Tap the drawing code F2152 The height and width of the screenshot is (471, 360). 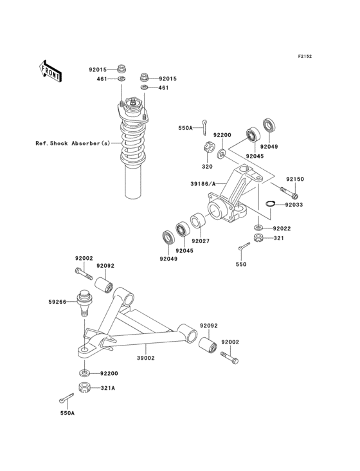tap(304, 57)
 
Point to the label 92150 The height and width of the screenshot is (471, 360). tap(294, 178)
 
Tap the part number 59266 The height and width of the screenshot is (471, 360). tap(57, 300)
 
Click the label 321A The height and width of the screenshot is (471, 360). tap(107, 387)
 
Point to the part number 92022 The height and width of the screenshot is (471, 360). tap(282, 228)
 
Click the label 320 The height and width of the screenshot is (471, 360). tap(207, 167)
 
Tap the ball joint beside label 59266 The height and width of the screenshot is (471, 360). tap(83, 302)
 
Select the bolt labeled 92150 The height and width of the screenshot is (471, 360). tap(289, 190)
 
